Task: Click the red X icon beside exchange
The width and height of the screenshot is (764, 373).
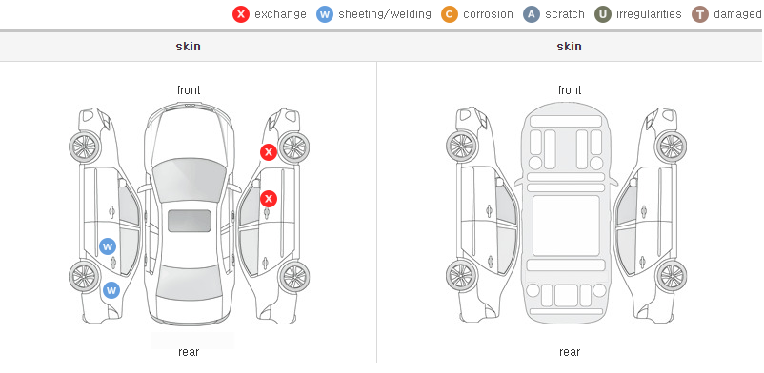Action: click(241, 14)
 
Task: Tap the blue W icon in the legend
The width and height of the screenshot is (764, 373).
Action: click(325, 14)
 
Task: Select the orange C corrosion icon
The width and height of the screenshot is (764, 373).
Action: click(450, 14)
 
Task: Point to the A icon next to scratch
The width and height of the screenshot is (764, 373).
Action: click(532, 14)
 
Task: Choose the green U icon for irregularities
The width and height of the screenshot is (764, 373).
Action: click(603, 14)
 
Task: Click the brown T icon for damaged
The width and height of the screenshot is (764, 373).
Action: click(699, 14)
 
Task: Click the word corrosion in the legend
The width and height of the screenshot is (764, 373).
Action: click(488, 14)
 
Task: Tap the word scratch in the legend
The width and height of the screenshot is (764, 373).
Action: click(565, 14)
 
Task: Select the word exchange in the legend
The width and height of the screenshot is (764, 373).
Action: click(280, 14)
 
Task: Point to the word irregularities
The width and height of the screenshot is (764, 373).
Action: click(649, 14)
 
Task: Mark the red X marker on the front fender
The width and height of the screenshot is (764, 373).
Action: click(268, 152)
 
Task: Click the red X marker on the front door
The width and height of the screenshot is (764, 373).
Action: click(268, 199)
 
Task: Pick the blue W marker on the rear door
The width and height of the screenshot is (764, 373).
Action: click(108, 246)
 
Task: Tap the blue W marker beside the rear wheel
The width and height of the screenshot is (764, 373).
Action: click(111, 291)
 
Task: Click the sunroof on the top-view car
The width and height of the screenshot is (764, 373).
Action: click(190, 221)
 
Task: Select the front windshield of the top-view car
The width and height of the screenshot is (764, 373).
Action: click(189, 179)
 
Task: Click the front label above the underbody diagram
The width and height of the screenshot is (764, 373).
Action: click(570, 90)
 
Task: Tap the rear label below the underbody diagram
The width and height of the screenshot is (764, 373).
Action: click(570, 352)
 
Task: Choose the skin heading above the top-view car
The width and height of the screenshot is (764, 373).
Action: click(188, 47)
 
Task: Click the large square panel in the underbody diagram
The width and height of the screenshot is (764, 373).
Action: click(566, 226)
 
